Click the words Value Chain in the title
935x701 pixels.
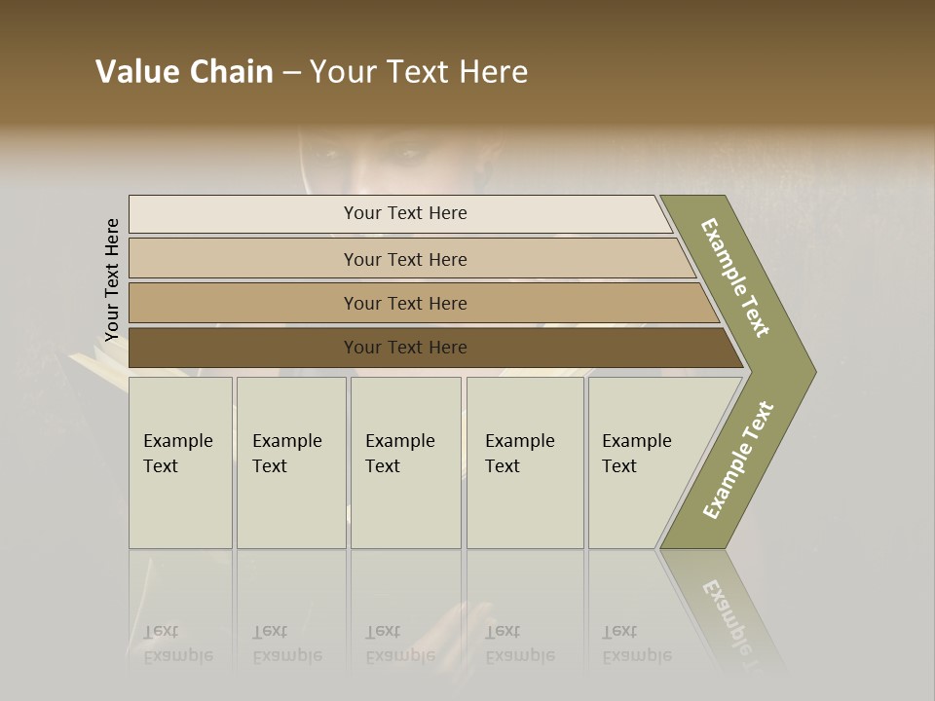click(x=184, y=72)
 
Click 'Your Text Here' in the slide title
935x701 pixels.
click(x=419, y=72)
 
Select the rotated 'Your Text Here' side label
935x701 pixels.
click(x=112, y=280)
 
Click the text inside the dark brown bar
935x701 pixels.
click(x=405, y=348)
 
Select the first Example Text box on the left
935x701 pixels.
click(x=180, y=462)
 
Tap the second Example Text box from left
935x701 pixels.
click(x=291, y=462)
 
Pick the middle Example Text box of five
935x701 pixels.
click(x=405, y=462)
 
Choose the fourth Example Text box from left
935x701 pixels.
click(x=525, y=462)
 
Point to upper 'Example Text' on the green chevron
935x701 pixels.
click(x=735, y=277)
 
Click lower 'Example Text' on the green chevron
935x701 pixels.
click(x=738, y=461)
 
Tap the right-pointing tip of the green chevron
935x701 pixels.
click(x=807, y=371)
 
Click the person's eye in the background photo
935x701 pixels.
click(x=409, y=154)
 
